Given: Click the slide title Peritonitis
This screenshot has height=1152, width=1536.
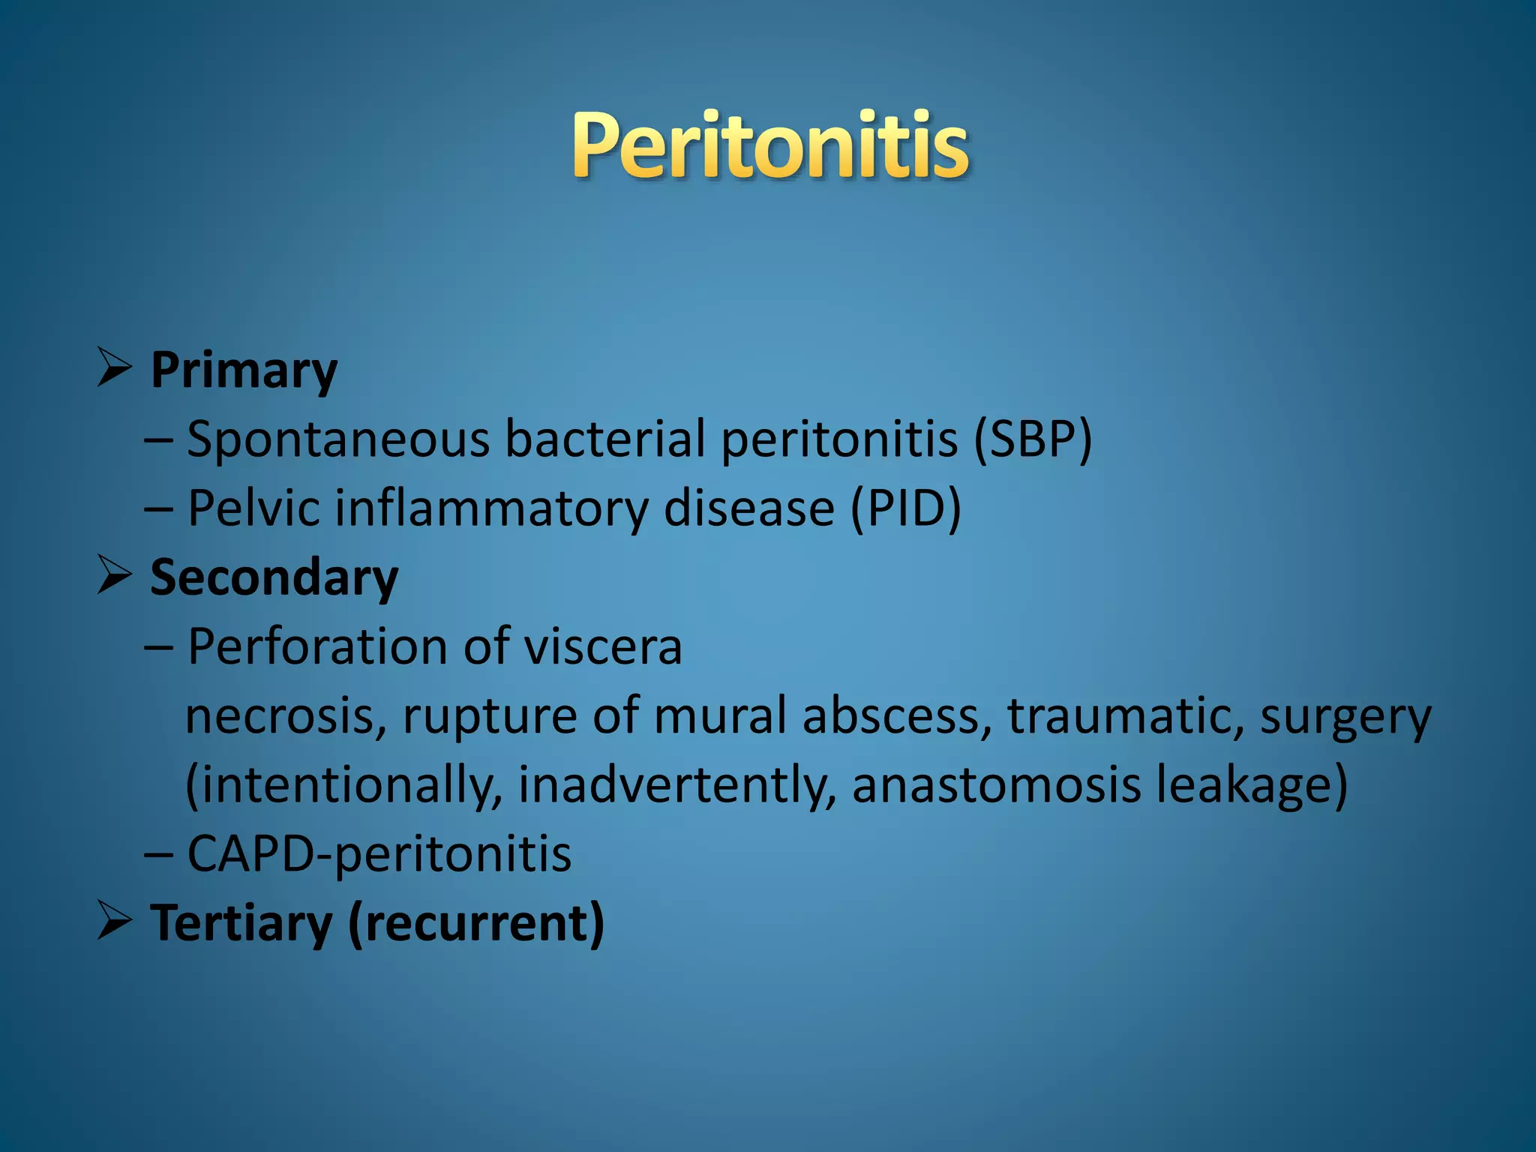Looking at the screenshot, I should (770, 145).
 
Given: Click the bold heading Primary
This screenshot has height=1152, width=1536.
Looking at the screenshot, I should (244, 370).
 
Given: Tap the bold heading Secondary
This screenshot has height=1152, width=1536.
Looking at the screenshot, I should (274, 578).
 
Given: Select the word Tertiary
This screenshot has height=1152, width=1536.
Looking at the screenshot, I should (241, 923).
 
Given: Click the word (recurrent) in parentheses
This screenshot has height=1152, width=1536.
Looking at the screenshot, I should (476, 923).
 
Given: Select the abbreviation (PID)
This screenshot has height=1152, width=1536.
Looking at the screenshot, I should (906, 508).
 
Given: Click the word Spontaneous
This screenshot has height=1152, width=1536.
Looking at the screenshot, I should (338, 440).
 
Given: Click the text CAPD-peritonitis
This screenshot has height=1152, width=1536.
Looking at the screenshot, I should (379, 855).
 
